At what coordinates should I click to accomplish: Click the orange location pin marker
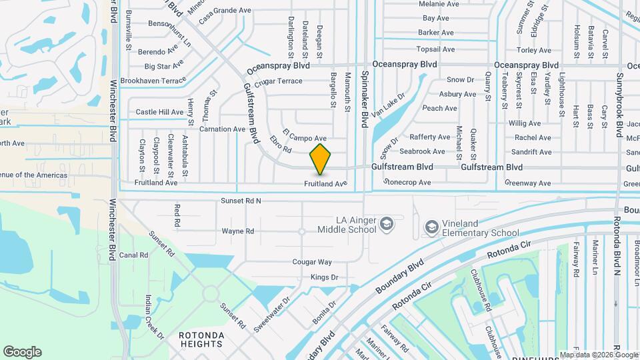320,159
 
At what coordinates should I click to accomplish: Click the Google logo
22,352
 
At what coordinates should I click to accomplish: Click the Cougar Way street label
312,262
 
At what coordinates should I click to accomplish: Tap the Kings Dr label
325,277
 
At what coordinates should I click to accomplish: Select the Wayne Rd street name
238,231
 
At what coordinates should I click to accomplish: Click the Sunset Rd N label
241,201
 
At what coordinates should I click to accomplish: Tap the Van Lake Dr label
388,105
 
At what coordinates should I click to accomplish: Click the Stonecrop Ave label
407,182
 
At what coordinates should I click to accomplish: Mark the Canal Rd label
133,255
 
